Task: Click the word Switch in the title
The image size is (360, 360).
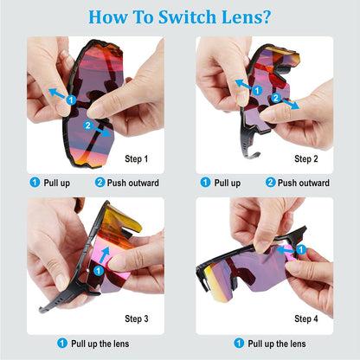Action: click(186, 16)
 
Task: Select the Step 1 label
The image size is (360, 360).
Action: click(137, 158)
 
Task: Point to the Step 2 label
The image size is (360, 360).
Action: click(306, 158)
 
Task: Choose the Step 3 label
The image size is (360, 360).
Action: click(137, 318)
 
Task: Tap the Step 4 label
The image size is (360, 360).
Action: click(306, 318)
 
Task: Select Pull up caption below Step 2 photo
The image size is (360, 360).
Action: click(227, 183)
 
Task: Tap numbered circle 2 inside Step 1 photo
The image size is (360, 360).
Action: click(88, 125)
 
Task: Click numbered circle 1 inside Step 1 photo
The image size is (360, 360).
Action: click(71, 100)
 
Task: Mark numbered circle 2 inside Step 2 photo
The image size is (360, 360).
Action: click(275, 99)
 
